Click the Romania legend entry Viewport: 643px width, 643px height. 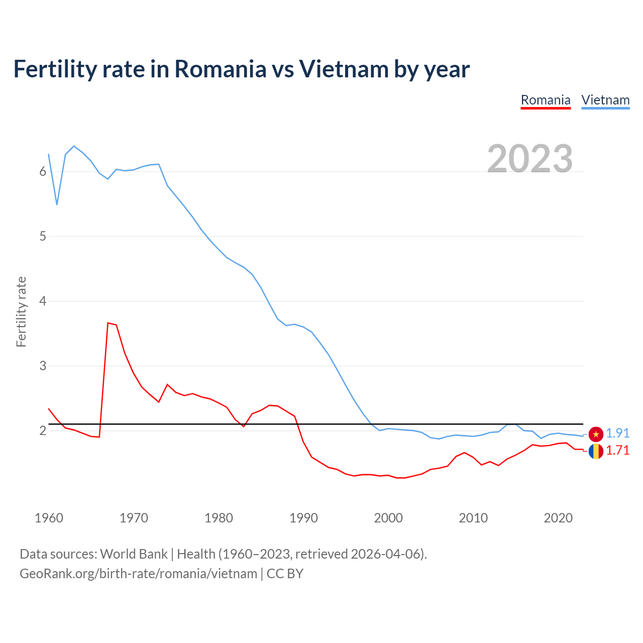[x=546, y=100]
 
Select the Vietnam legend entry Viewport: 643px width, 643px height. [x=605, y=100]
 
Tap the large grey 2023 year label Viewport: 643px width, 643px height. [x=530, y=159]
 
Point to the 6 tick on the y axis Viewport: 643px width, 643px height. [x=43, y=172]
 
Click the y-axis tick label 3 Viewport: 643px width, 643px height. [x=43, y=366]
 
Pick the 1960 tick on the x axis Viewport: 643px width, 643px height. [x=49, y=518]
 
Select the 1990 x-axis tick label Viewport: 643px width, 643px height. [x=303, y=518]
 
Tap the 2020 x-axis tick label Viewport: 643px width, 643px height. [x=558, y=518]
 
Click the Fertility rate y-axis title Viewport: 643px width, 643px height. [x=21, y=311]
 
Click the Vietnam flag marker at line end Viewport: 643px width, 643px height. [x=596, y=434]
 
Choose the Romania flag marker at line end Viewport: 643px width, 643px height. [x=596, y=451]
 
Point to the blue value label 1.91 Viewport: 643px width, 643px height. [x=617, y=433]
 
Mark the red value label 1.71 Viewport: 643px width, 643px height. [x=617, y=450]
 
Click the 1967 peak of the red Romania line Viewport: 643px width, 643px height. [x=108, y=323]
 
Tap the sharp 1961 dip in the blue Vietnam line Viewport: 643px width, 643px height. [x=57, y=204]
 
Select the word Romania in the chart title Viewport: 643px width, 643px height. [x=220, y=69]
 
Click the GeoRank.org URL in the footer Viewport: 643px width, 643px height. [x=138, y=573]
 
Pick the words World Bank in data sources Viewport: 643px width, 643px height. [x=134, y=554]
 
